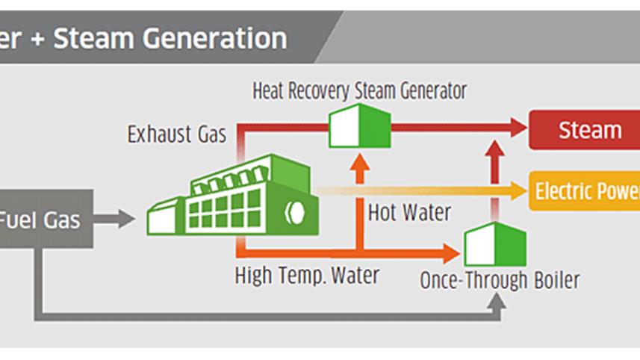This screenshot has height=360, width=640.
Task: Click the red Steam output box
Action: point(585,130)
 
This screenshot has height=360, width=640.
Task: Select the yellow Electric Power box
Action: point(585,191)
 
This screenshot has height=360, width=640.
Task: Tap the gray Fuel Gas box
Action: point(46,219)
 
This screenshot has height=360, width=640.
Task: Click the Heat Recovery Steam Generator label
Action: point(360,91)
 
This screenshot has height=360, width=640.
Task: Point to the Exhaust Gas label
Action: point(177,134)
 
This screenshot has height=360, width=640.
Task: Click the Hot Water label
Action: point(409,213)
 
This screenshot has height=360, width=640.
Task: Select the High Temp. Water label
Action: point(307,276)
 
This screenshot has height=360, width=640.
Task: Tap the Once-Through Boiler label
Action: point(500,280)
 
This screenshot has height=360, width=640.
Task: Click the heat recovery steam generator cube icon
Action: point(360,125)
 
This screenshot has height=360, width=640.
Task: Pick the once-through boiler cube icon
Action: point(495,244)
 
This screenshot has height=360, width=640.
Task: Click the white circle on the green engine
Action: point(295,212)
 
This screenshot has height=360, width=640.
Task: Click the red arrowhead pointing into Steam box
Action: point(518,128)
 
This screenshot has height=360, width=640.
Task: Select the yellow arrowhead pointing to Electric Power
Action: point(518,190)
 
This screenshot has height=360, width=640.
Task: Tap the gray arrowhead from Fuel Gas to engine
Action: point(126,219)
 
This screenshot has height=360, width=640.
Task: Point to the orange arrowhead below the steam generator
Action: point(360,163)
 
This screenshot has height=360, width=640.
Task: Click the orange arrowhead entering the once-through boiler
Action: point(452,253)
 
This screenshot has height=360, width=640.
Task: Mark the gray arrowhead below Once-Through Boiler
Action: point(497,300)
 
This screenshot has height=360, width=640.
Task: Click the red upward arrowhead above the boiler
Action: point(495,149)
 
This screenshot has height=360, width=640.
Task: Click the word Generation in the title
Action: point(214,38)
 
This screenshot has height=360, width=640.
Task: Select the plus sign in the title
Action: point(37,40)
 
